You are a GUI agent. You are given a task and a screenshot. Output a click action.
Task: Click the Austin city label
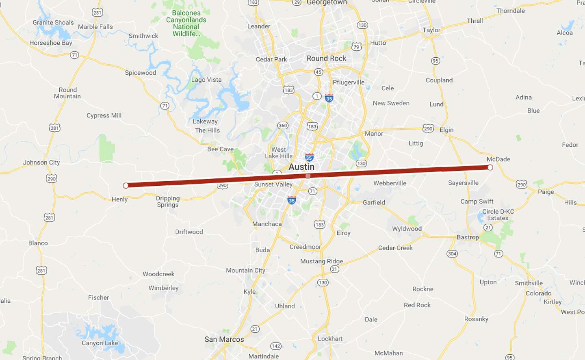click(x=301, y=167)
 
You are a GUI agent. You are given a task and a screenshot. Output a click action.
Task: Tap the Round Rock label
click(x=326, y=59)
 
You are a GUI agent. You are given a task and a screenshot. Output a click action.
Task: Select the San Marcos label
click(x=224, y=339)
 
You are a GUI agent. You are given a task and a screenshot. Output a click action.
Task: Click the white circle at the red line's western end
click(x=126, y=186)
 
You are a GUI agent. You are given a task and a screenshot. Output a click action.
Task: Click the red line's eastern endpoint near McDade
click(x=490, y=167)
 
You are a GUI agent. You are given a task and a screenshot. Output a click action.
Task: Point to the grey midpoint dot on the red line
click(x=308, y=176)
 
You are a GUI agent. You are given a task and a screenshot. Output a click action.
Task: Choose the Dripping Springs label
click(x=168, y=202)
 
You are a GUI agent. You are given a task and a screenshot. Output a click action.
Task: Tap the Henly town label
click(x=119, y=200)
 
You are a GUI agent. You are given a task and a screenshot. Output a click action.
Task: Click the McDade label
click(x=498, y=159)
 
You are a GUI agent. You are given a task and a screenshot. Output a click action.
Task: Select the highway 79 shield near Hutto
click(x=356, y=47)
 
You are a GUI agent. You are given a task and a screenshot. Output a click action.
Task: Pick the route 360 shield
click(x=283, y=125)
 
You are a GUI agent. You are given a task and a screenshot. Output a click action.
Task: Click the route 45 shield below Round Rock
click(x=318, y=72)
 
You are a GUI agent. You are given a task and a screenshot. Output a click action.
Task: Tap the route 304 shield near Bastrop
click(x=452, y=254)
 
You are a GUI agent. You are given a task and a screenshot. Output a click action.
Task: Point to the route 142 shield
click(x=276, y=346)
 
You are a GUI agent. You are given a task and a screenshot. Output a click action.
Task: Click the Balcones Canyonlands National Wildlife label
click(x=186, y=24)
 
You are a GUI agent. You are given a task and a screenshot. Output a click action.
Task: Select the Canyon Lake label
click(x=100, y=343)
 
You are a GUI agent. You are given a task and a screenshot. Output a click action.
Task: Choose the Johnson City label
click(x=41, y=163)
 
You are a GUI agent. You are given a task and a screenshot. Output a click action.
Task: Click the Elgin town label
click(x=446, y=130)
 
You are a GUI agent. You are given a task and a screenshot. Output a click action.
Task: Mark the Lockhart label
click(x=330, y=339)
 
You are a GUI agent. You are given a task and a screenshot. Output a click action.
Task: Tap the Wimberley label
click(x=163, y=288)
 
